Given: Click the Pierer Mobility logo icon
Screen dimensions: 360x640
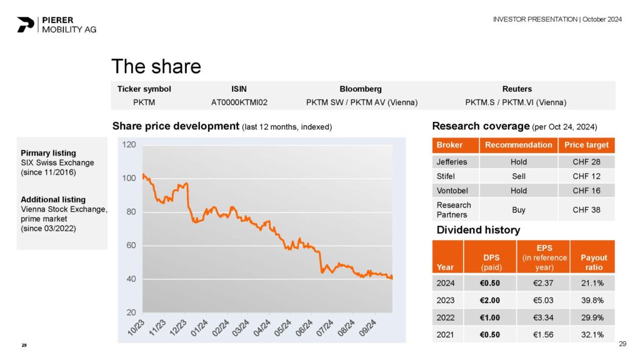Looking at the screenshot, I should (x=26, y=24).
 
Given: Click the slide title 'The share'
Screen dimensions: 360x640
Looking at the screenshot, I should (x=156, y=66).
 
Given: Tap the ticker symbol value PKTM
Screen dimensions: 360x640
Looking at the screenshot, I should (x=144, y=102).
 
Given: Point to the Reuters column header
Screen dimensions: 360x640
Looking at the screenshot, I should (x=516, y=89).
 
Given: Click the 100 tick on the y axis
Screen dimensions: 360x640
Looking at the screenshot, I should (x=129, y=178).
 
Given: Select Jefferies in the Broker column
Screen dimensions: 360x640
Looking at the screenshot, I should (x=451, y=162).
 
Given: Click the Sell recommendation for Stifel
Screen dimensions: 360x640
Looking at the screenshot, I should (x=518, y=176).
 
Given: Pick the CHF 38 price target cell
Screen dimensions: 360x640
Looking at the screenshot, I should (x=586, y=210).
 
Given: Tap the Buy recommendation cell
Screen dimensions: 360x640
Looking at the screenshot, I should (x=518, y=210).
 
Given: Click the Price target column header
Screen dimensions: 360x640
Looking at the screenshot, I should (x=586, y=145).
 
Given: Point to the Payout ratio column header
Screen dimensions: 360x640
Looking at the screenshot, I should (x=593, y=262).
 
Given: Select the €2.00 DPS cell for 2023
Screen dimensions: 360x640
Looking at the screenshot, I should (x=490, y=299).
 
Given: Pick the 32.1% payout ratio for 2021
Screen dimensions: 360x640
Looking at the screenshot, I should (x=593, y=334).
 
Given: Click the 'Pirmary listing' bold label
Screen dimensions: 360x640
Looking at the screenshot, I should (x=48, y=152).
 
